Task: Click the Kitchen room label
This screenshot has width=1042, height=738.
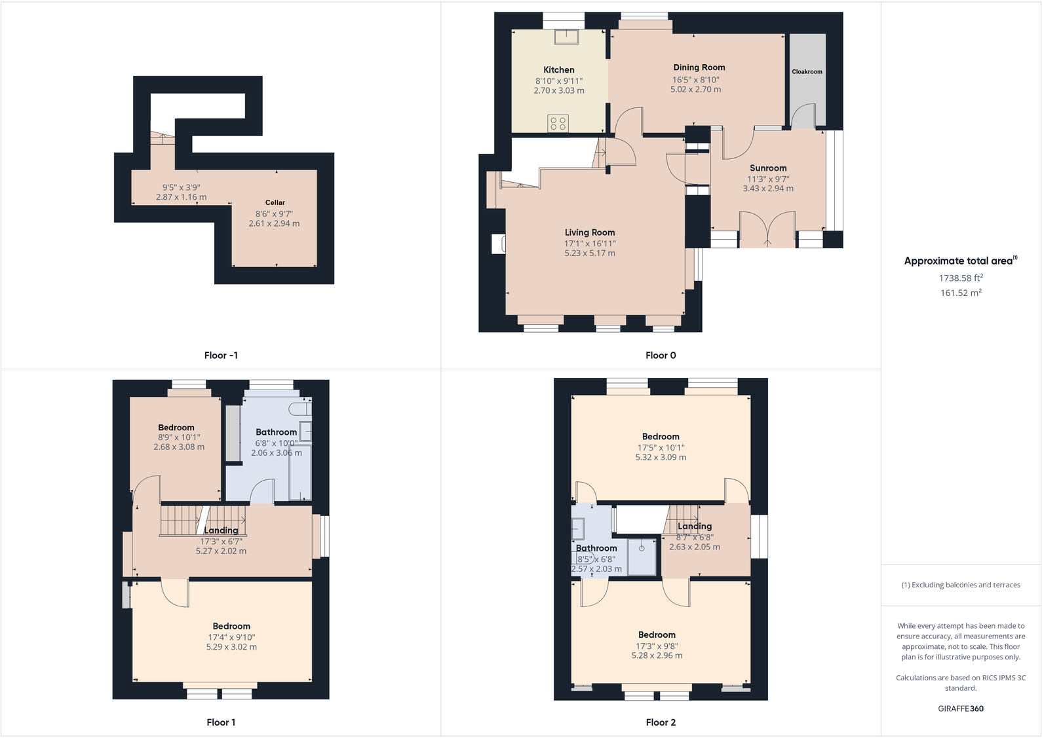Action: click(558, 69)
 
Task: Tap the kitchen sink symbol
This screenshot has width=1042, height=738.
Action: click(566, 37)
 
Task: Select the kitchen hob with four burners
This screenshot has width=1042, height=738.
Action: click(558, 123)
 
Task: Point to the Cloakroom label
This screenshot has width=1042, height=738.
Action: click(807, 72)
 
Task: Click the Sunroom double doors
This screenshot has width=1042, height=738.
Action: click(767, 229)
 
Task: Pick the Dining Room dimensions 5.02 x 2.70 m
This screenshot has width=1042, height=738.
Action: click(695, 90)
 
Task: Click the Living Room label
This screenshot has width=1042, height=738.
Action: click(590, 232)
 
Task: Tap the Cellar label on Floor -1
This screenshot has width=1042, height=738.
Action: click(275, 203)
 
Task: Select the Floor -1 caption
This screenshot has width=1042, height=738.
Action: click(221, 356)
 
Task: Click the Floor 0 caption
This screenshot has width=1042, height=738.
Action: click(661, 356)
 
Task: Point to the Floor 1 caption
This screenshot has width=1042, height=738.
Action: click(221, 722)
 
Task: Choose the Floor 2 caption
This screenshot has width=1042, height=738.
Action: click(661, 722)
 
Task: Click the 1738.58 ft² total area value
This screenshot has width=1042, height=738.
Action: click(961, 278)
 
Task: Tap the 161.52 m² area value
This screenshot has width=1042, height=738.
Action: click(961, 293)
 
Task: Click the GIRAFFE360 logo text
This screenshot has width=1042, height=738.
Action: click(961, 709)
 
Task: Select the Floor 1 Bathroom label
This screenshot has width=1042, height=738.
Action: click(276, 432)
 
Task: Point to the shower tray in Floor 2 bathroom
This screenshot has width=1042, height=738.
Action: click(642, 557)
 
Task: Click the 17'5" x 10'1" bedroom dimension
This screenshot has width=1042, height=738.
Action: click(661, 448)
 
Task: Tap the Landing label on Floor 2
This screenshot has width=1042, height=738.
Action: click(695, 526)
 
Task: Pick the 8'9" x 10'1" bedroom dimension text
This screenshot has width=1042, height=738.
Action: click(179, 437)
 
